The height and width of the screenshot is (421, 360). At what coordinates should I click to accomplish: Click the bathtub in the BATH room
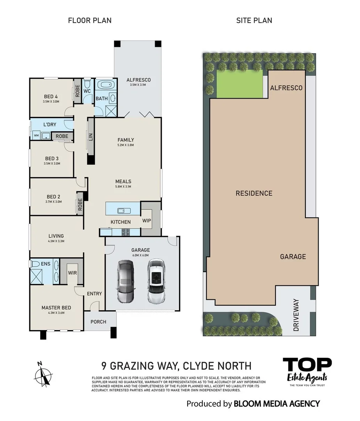[x=104, y=85]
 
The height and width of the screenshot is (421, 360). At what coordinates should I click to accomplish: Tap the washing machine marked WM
[x=36, y=136]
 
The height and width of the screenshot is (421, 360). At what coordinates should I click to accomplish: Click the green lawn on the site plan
[x=239, y=85]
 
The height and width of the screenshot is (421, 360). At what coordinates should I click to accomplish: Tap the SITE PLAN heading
[x=254, y=20]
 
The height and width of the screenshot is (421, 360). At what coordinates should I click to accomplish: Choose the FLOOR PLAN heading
[x=90, y=20]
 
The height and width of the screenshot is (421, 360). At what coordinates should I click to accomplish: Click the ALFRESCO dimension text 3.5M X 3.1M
[x=138, y=85]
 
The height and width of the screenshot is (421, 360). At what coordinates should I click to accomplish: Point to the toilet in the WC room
[x=87, y=84]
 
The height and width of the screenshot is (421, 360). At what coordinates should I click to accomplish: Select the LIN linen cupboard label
[x=90, y=137]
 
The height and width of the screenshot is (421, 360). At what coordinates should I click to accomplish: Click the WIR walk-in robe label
[x=72, y=273]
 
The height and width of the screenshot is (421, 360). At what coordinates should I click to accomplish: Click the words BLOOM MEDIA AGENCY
[x=277, y=403]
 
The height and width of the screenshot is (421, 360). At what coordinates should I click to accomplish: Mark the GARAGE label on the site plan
[x=293, y=256]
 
